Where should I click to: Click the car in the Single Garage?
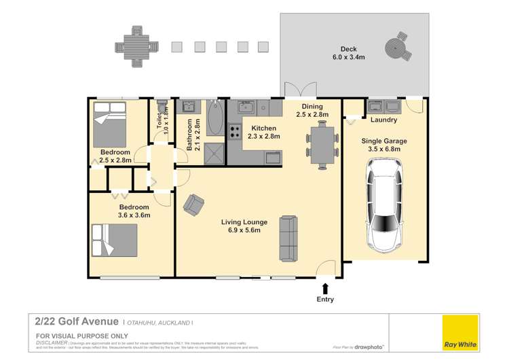(384, 204)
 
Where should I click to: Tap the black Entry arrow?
(326, 289)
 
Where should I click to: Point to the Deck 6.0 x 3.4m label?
(347, 54)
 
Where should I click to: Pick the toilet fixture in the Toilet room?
(161, 109)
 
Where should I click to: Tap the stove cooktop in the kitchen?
(235, 132)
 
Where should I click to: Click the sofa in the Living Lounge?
(288, 238)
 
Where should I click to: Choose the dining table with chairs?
(322, 144)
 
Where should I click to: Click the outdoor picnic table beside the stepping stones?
(136, 47)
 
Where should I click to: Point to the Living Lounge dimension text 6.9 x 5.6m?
(243, 231)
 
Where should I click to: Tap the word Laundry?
(384, 120)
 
